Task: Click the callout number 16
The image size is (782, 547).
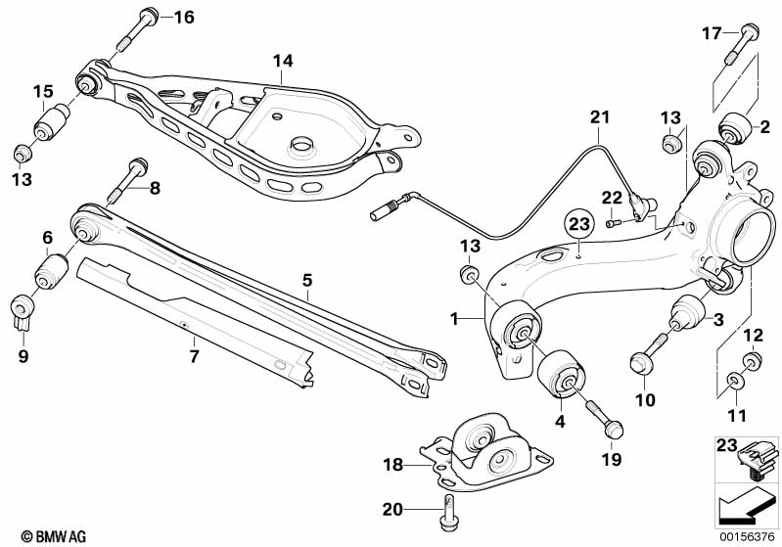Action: pos(184,17)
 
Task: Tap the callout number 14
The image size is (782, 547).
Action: pos(282,61)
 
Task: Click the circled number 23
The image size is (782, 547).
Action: pos(579,225)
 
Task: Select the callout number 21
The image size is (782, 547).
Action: pos(599,118)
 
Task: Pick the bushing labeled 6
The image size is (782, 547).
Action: pos(50,271)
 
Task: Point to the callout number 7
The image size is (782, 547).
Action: pos(194,356)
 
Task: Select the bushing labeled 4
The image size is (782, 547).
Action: pos(562,375)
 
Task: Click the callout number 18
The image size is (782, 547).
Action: pos(391,466)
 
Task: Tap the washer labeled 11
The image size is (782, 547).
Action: pos(734,378)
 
